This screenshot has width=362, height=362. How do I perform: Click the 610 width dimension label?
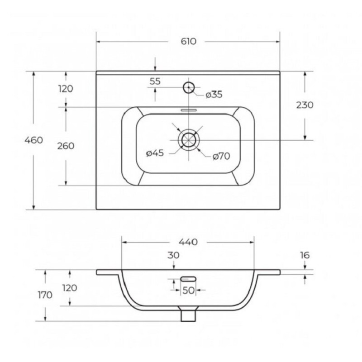(x=188, y=41)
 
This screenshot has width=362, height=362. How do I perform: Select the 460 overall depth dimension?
(x=33, y=140)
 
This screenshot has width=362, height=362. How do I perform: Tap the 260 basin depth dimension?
(x=66, y=146)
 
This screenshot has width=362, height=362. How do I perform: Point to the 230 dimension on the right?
(x=305, y=105)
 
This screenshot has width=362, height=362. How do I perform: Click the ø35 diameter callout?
(x=214, y=95)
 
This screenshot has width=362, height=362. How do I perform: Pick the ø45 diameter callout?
(x=155, y=153)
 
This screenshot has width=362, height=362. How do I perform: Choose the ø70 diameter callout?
(x=221, y=156)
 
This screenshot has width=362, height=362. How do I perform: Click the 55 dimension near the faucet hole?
(x=155, y=81)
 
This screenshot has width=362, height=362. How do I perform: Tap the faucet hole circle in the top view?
(x=189, y=87)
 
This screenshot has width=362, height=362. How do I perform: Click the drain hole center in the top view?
(x=189, y=140)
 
